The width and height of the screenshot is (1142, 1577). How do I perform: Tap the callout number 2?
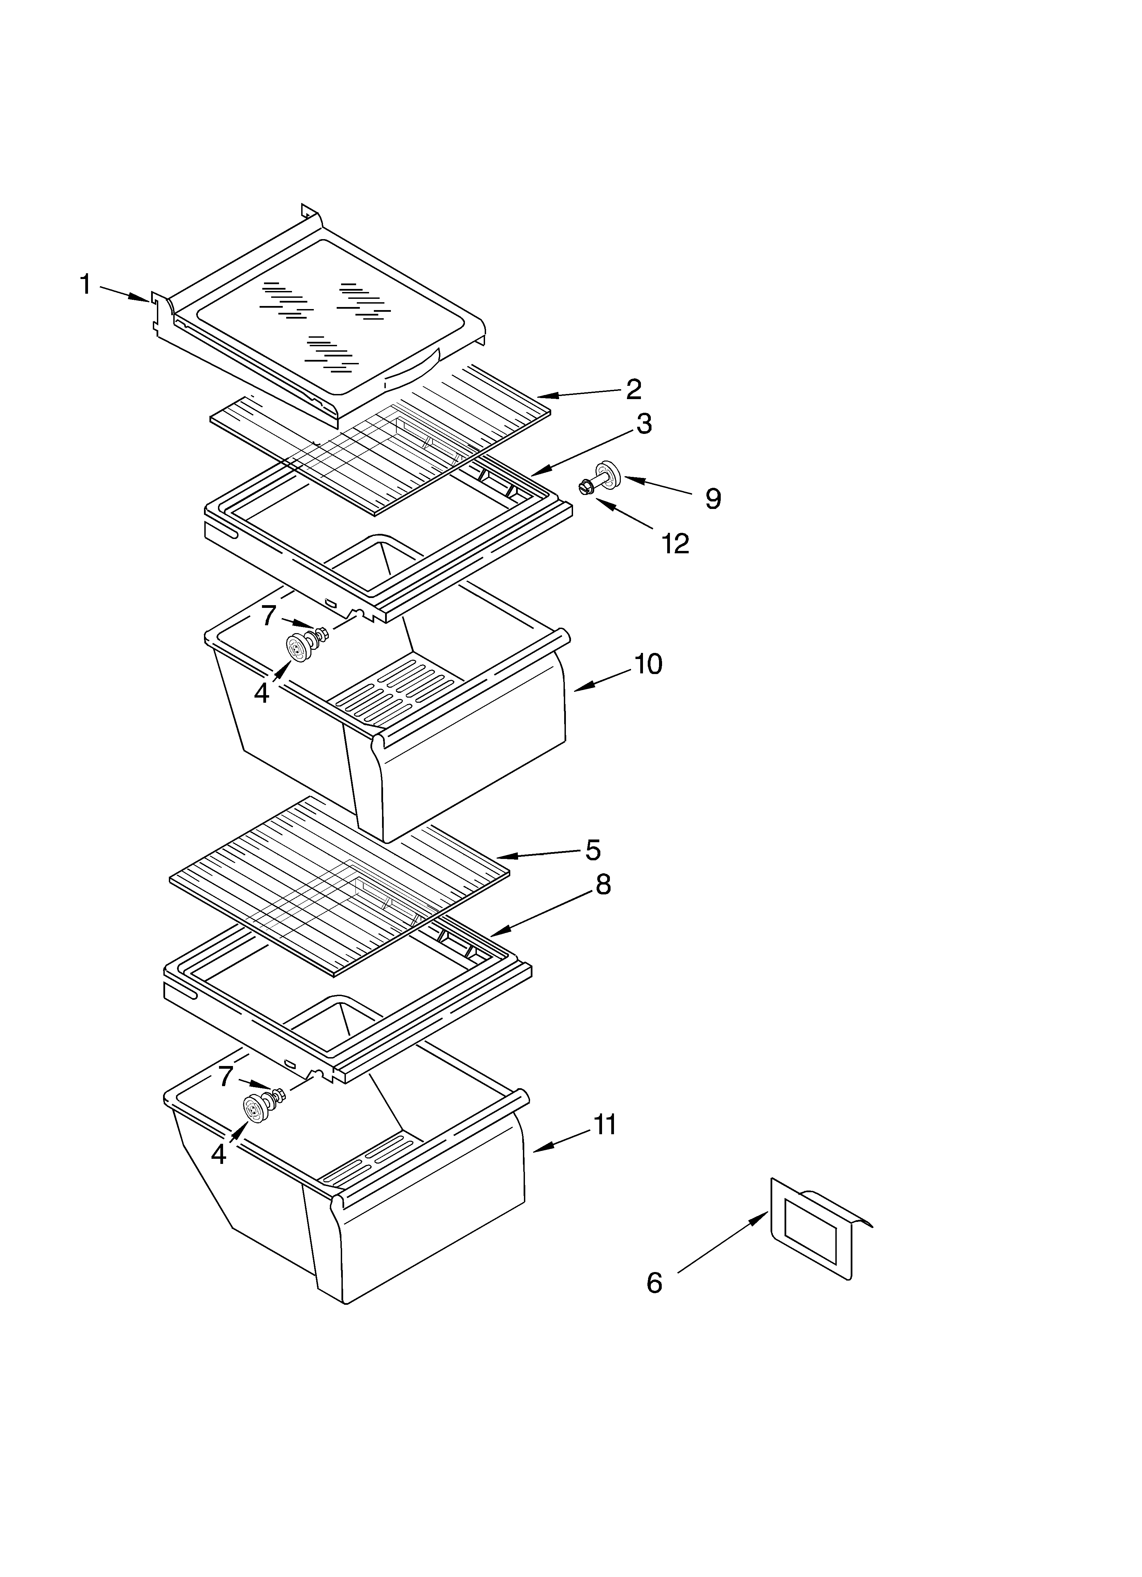pos(633,389)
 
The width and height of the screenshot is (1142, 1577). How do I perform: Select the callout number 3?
pos(644,423)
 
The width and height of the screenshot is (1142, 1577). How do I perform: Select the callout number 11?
pos(605,1124)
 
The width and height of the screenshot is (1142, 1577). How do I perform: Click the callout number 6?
pos(654,1283)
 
